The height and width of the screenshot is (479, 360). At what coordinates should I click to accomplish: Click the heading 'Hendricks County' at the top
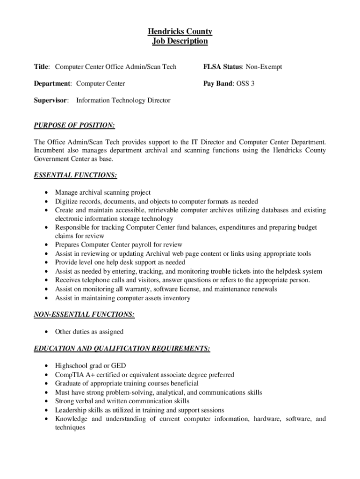coord(180,31)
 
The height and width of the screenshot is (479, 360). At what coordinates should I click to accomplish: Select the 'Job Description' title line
coord(180,41)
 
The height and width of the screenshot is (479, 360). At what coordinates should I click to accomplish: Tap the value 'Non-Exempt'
coord(264,67)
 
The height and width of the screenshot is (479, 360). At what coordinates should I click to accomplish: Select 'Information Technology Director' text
coord(123,101)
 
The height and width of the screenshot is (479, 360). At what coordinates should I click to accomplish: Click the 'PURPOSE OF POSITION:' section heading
coord(74,125)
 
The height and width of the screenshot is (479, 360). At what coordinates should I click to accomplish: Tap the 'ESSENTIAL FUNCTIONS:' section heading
coord(75,175)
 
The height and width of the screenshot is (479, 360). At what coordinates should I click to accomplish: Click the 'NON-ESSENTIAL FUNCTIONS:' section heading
coord(85,315)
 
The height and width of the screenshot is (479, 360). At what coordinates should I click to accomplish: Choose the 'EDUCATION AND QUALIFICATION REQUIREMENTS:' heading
coord(122,348)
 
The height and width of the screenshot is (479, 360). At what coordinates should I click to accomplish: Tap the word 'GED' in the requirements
coord(118,366)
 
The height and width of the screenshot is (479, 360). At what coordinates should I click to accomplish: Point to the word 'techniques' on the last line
coord(70,428)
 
